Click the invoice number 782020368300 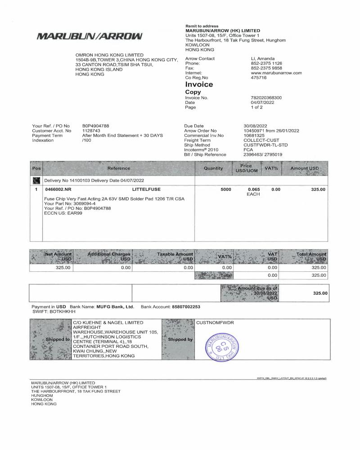pyautogui.click(x=269, y=98)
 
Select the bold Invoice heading pyautogui.click(x=199, y=85)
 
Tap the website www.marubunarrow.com pyautogui.click(x=276, y=73)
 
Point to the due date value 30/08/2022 pyautogui.click(x=256, y=126)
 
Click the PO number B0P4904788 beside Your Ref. pyautogui.click(x=95, y=126)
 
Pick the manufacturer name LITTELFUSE pyautogui.click(x=146, y=189)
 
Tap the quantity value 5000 pyautogui.click(x=225, y=189)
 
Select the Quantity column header pyautogui.click(x=213, y=168)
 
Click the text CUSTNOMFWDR pyautogui.click(x=215, y=323)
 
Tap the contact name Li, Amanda pyautogui.click(x=263, y=59)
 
